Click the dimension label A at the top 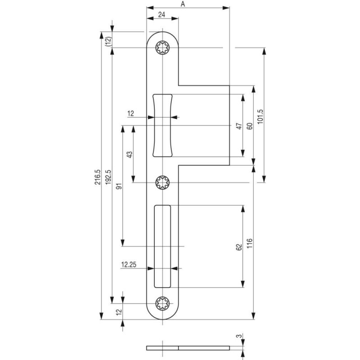click(183, 4)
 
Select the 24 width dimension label click(162, 14)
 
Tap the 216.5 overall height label click(98, 177)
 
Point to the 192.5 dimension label click(108, 177)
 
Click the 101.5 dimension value click(260, 117)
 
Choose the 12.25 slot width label click(129, 265)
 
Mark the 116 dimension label click(250, 243)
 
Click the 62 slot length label click(239, 247)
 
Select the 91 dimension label click(119, 186)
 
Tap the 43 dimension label click(130, 154)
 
